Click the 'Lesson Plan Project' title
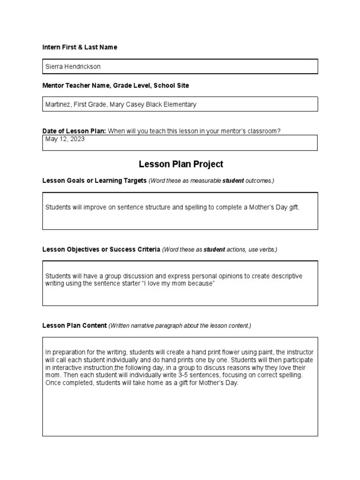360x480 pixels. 181,164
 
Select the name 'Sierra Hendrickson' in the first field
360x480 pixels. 73,67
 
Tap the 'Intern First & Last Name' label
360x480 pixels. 80,47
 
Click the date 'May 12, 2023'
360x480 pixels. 65,139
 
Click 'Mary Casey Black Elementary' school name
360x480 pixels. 153,105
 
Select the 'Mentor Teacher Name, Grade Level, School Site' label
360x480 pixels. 116,86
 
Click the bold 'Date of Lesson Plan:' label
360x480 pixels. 74,131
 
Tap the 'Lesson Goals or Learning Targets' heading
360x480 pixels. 95,181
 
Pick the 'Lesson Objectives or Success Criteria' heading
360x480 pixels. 101,249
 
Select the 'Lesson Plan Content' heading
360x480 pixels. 75,326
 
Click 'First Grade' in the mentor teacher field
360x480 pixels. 91,105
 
